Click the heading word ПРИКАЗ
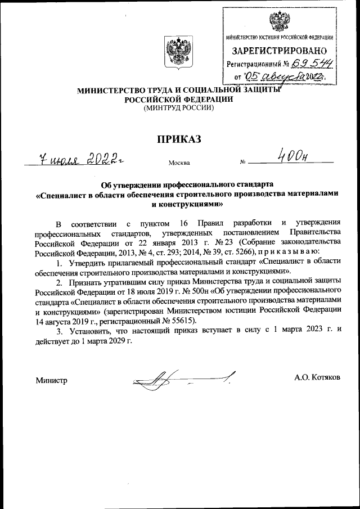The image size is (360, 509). click(x=179, y=139)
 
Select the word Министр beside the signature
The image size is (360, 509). click(x=51, y=380)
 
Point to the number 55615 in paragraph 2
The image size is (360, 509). click(x=182, y=321)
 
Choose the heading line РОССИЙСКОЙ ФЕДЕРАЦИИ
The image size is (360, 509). click(x=179, y=98)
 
